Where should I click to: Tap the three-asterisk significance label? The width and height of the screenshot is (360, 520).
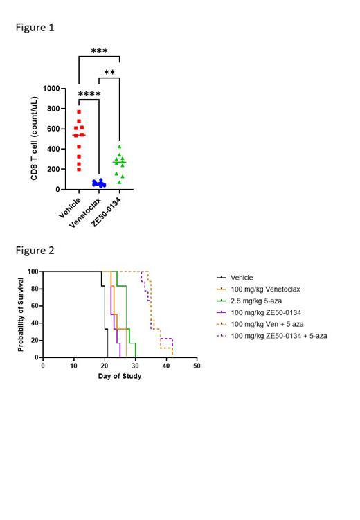99,51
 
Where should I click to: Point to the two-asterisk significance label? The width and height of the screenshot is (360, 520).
109,73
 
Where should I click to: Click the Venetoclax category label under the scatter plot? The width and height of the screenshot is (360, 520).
88,213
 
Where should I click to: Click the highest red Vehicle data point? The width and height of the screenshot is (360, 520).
79,111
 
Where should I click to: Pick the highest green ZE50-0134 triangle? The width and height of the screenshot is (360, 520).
119,146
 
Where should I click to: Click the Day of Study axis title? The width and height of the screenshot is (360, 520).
119,376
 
